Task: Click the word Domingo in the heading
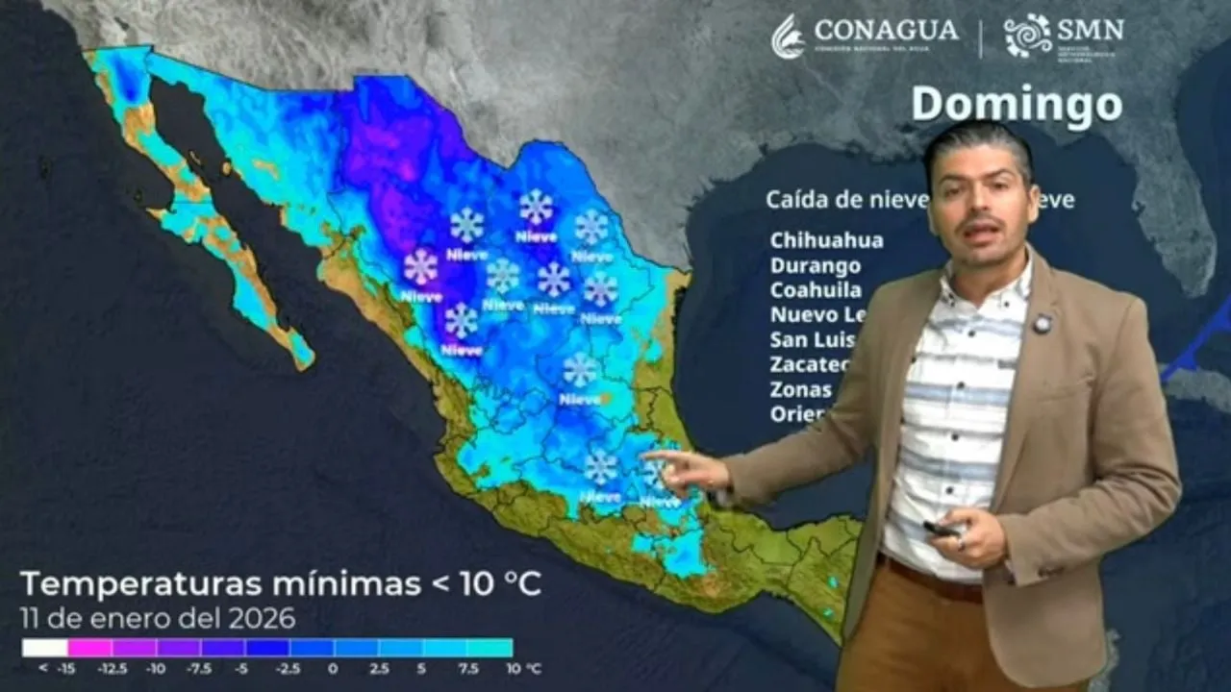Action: pos(1016,105)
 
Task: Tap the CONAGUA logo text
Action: pos(886,31)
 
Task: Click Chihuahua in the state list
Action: pos(826,240)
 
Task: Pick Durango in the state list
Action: pos(815,265)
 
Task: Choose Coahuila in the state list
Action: pos(816,290)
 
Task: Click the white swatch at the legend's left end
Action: pos(45,648)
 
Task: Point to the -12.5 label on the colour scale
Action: pos(113,668)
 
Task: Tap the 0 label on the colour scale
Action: pos(333,668)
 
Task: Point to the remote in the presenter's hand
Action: pos(941,528)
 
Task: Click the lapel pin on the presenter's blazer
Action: pos(1043,324)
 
